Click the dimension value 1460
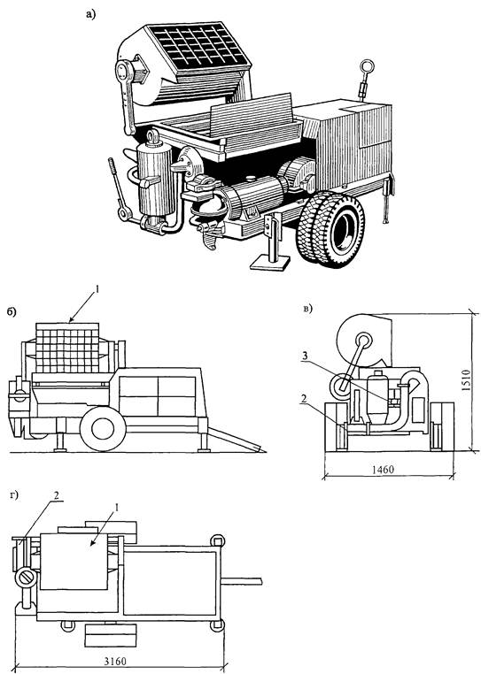tap(383, 469)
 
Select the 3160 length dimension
tap(115, 660)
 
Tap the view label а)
tap(91, 15)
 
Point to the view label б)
tap(12, 312)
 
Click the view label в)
tap(308, 309)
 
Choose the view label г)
tap(14, 495)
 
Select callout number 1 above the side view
tap(97, 291)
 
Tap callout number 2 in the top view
tap(56, 494)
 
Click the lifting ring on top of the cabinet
tap(368, 66)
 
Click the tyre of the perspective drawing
tap(332, 230)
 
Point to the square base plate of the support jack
tap(270, 262)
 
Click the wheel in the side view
tap(103, 428)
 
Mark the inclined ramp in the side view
tap(237, 439)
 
